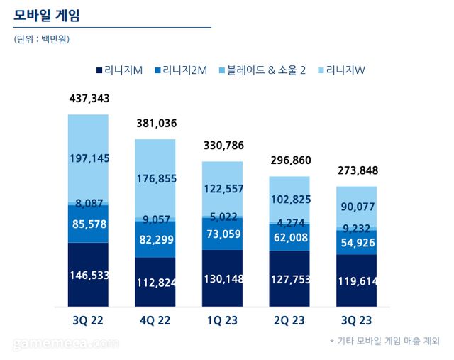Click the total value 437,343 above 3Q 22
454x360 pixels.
[x=89, y=98]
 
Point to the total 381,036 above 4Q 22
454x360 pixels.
[x=156, y=124]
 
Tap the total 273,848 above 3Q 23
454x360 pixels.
[x=358, y=171]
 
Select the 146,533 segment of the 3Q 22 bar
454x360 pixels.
[x=89, y=275]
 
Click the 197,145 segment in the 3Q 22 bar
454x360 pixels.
[x=89, y=158]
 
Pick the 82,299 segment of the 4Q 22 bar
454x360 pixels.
[x=155, y=239]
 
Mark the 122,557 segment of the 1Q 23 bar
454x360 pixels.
[x=223, y=188]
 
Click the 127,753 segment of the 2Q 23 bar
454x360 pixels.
[x=289, y=279]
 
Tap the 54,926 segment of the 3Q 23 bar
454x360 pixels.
[x=357, y=242]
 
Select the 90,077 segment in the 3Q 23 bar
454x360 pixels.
[x=357, y=206]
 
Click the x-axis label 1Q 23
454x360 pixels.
[x=222, y=320]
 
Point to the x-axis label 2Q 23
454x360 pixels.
[x=289, y=320]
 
